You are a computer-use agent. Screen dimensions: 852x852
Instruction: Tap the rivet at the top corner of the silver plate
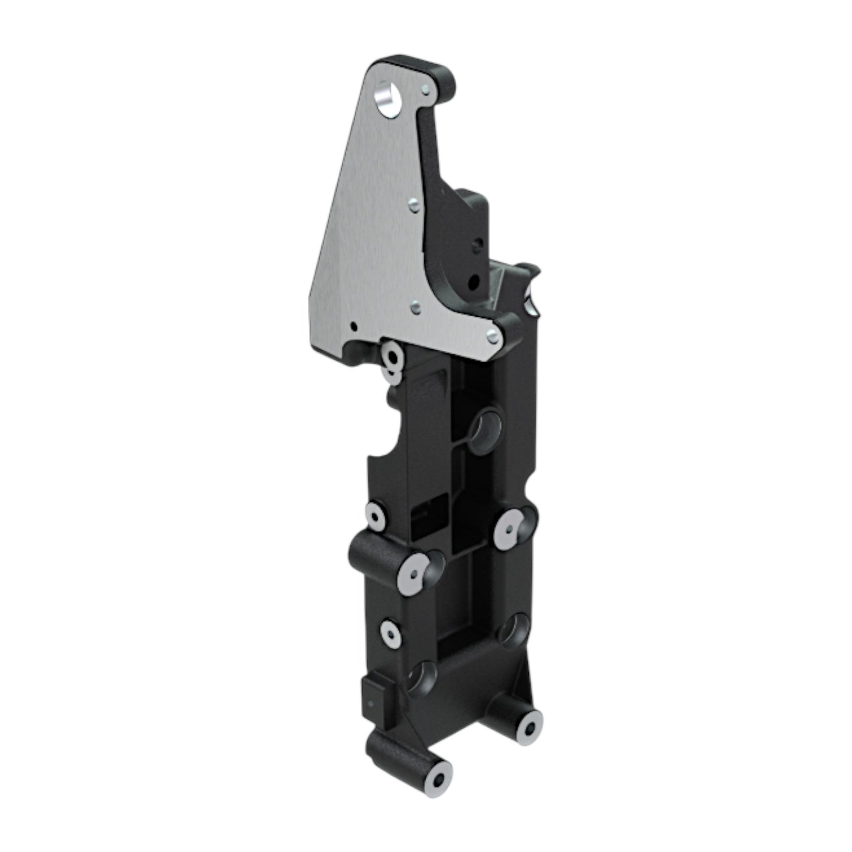(426, 89)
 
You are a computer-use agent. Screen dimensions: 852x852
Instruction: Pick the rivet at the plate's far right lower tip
(492, 336)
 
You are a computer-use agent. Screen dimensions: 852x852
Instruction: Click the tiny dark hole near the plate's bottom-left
(353, 325)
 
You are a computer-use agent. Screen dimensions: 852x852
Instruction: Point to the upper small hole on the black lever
(478, 242)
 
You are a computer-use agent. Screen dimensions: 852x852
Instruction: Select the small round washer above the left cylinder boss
(376, 517)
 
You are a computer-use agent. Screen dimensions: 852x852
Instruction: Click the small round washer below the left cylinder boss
(390, 633)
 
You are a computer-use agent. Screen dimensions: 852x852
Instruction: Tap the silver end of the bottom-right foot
(528, 729)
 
